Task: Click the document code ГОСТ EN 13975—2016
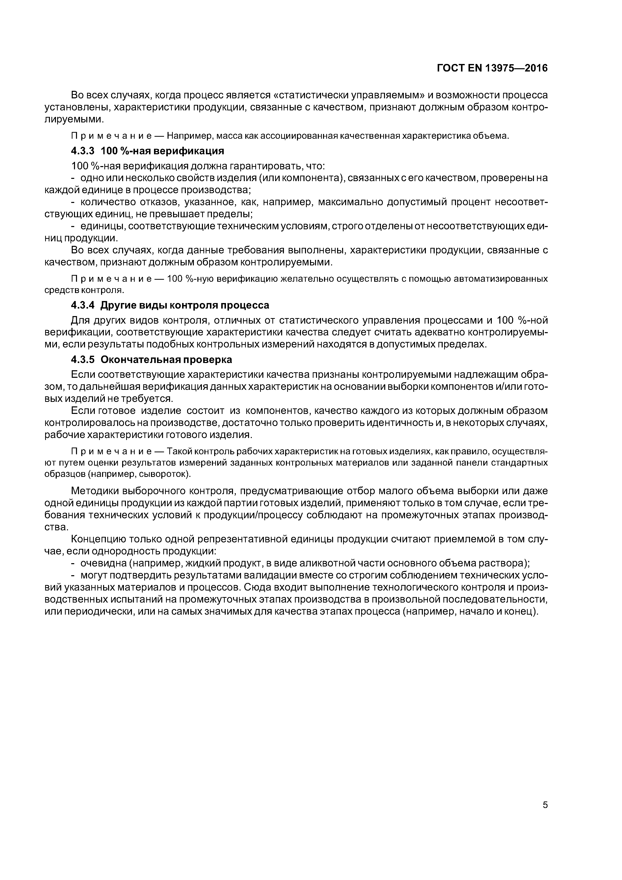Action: tap(492, 68)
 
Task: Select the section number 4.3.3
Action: tap(83, 151)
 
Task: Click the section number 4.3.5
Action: tap(83, 360)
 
